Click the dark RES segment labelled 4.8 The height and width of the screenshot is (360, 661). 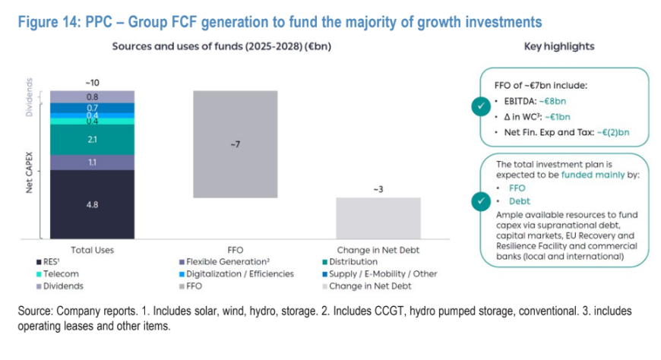(92, 204)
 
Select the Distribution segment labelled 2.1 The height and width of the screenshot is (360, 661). (92, 140)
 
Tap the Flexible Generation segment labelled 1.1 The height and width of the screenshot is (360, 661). (92, 162)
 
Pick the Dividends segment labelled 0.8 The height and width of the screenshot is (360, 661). (92, 96)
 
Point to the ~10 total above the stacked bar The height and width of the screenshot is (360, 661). (92, 81)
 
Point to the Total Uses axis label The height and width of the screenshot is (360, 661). (92, 248)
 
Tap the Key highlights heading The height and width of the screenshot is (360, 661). (559, 46)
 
